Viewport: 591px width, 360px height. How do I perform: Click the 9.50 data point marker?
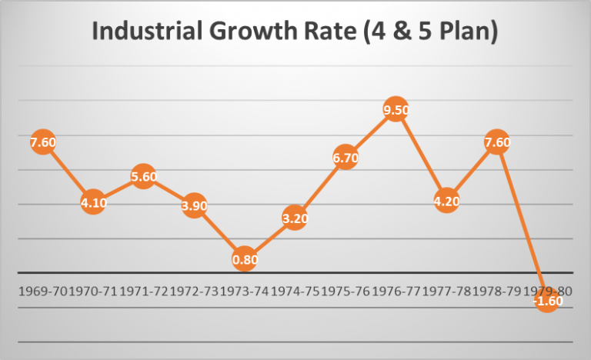pyautogui.click(x=396, y=110)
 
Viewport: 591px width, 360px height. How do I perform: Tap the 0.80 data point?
pyautogui.click(x=245, y=259)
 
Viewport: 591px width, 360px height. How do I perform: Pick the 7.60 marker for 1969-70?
pyautogui.click(x=43, y=142)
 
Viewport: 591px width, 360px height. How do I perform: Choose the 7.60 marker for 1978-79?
pyautogui.click(x=497, y=142)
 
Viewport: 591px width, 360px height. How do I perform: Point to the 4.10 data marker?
pyautogui.click(x=93, y=203)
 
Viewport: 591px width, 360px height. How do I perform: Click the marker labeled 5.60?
pyautogui.click(x=144, y=177)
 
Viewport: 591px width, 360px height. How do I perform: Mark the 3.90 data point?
pyautogui.click(x=194, y=206)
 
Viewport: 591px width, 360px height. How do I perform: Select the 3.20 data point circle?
pyautogui.click(x=295, y=218)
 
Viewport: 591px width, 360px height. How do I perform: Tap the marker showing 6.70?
pyautogui.click(x=346, y=158)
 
